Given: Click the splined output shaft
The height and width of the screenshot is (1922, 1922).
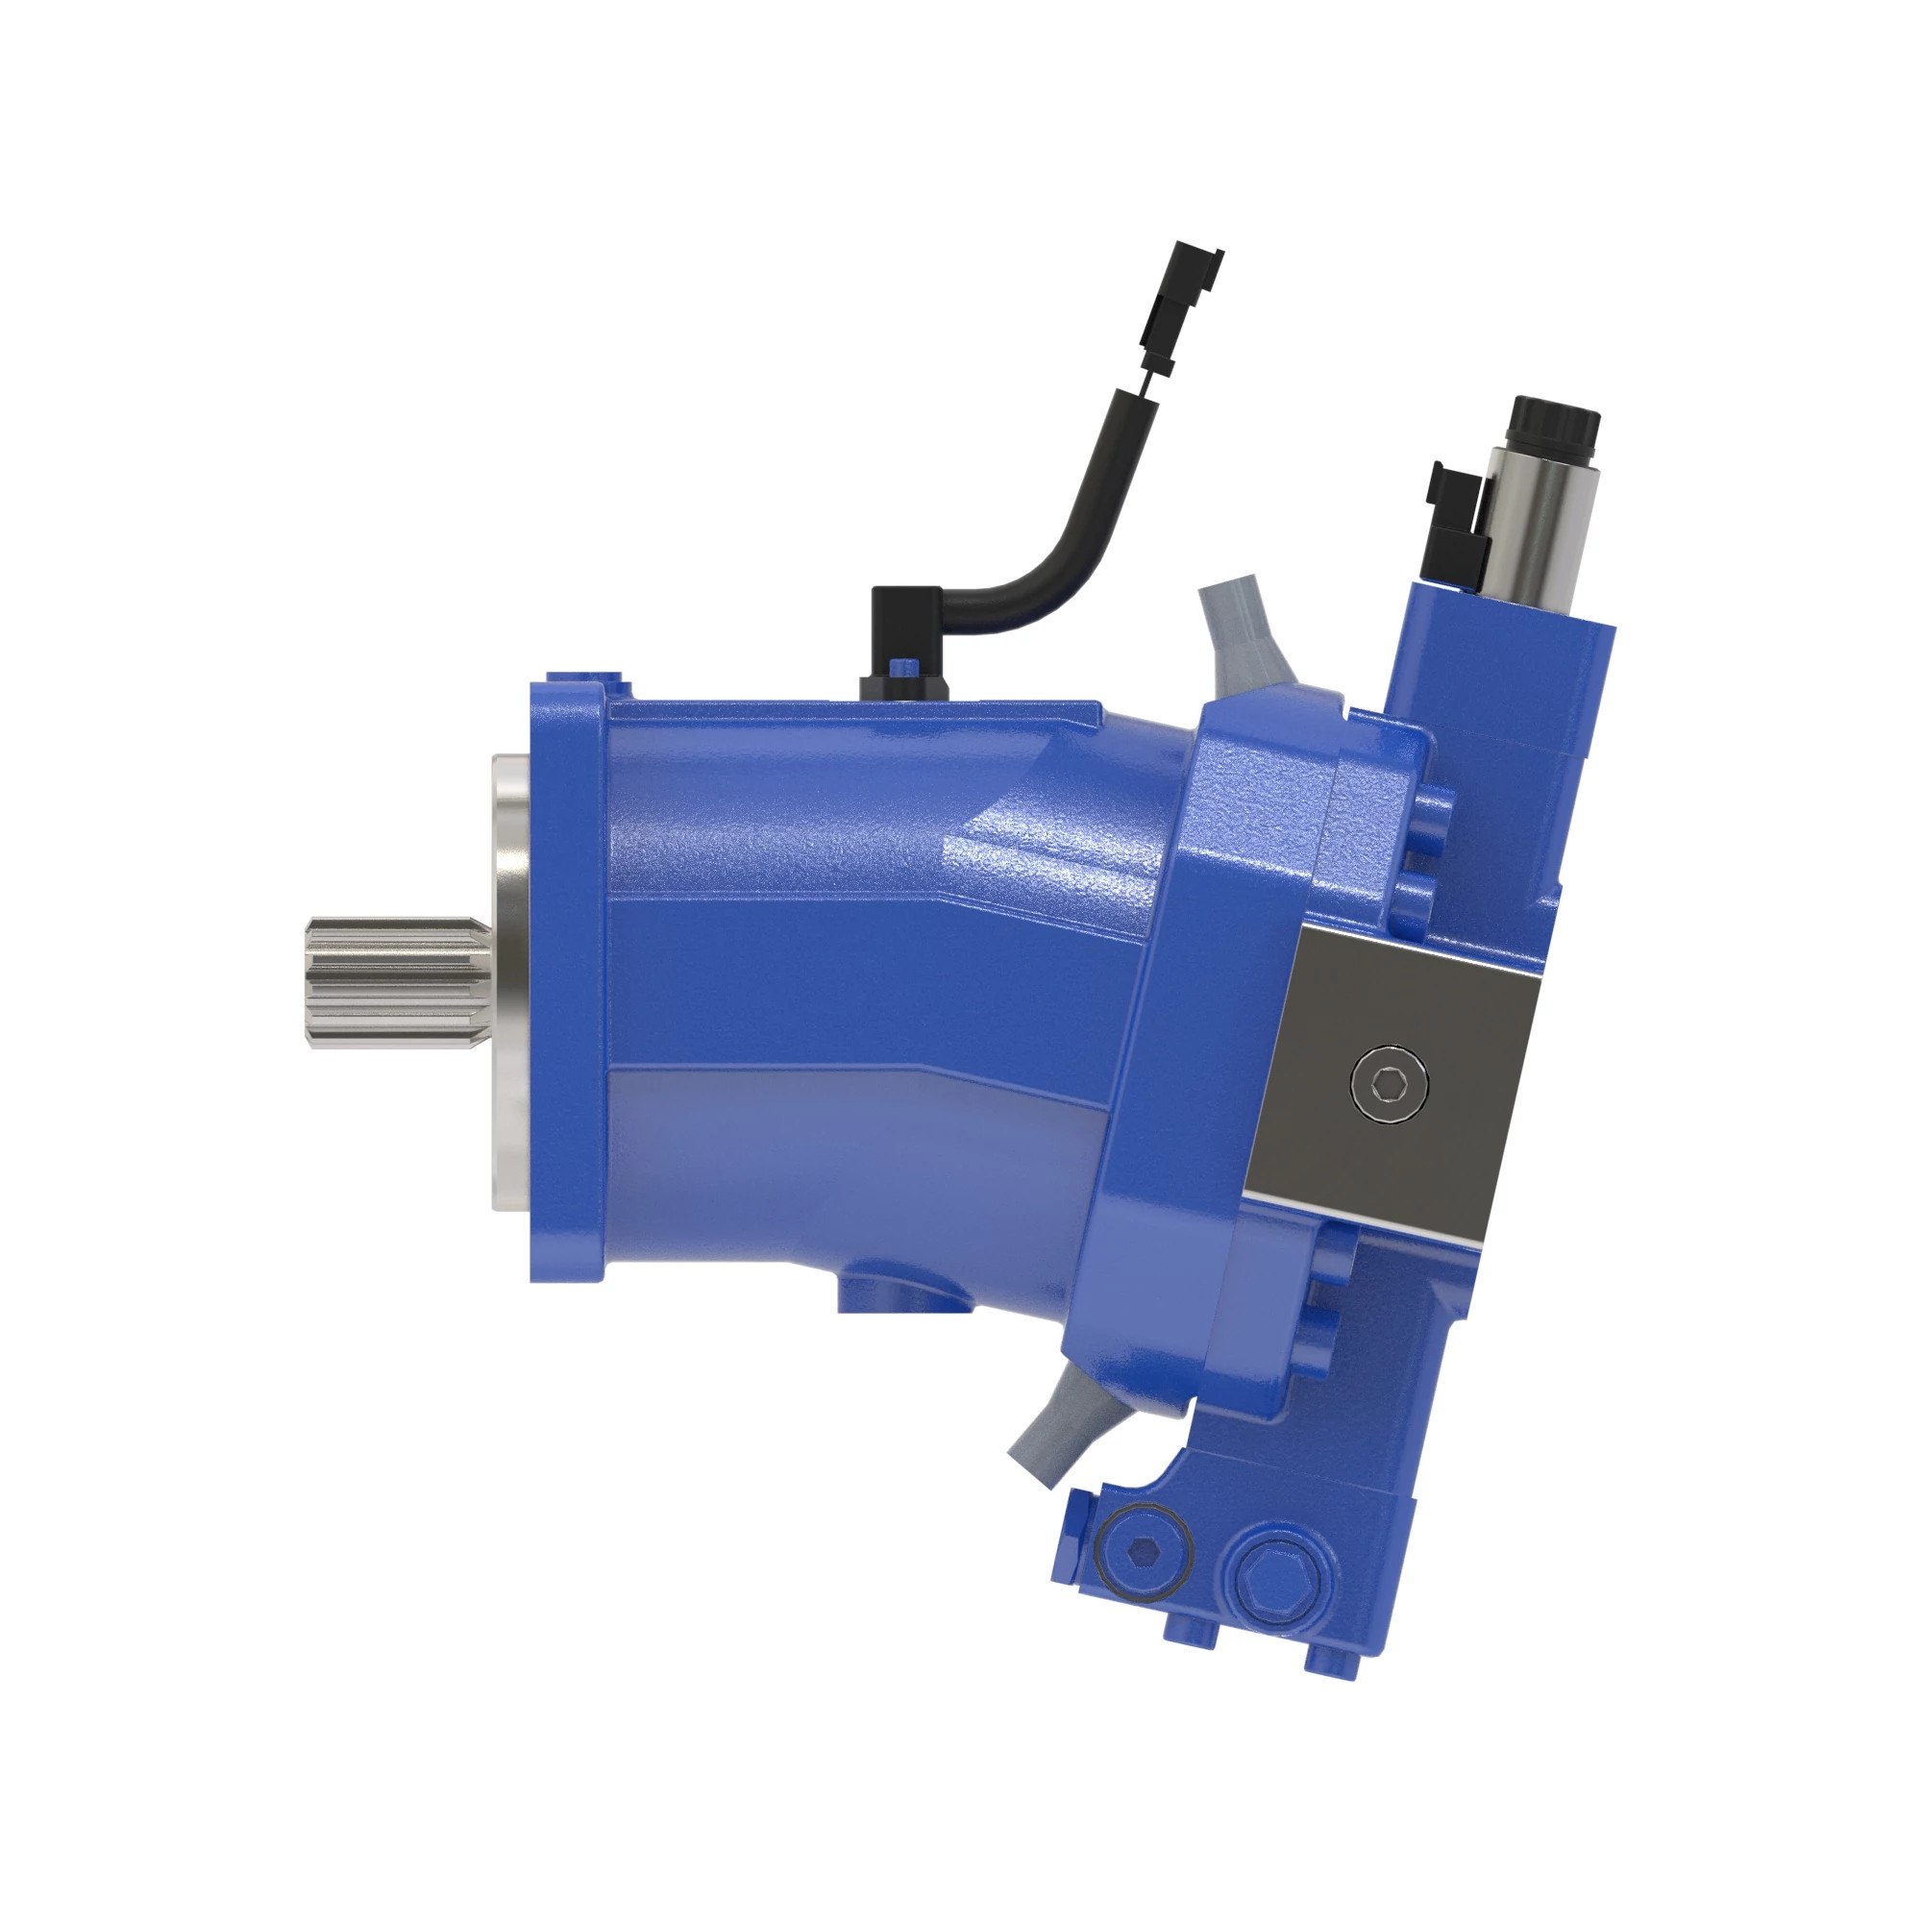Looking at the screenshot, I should pos(398,982).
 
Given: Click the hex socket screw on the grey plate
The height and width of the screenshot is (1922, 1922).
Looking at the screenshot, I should pos(1390,1083).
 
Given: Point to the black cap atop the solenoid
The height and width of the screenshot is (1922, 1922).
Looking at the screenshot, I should pos(1554,426).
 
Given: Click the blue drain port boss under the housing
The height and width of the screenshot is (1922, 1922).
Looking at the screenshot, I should pos(900,1294).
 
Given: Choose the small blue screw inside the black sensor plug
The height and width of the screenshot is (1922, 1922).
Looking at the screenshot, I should pos(902,666).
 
